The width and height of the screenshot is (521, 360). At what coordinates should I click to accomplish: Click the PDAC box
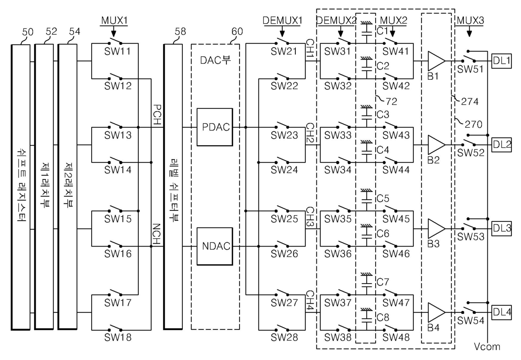tap(215, 127)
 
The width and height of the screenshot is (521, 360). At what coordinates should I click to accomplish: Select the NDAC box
tap(215, 246)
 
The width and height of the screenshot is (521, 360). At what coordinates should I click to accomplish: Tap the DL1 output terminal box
tap(502, 61)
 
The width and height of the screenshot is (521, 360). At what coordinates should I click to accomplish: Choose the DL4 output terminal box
tap(502, 313)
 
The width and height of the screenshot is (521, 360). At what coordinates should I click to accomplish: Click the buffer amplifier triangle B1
tap(436, 61)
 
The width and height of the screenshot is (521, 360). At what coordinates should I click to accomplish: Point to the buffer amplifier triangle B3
tap(436, 229)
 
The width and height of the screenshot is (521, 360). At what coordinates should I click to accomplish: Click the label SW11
tap(118, 51)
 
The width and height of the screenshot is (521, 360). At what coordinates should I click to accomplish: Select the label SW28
tap(284, 337)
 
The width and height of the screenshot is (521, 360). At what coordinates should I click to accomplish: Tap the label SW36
tap(338, 253)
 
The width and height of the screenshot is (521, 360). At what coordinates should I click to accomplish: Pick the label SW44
tap(396, 170)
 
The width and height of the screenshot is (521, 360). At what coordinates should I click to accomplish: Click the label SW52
tap(471, 152)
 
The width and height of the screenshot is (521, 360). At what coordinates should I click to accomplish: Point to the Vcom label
tap(487, 347)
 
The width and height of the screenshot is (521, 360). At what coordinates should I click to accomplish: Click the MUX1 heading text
tap(114, 21)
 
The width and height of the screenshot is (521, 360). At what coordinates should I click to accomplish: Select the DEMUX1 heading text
tap(282, 21)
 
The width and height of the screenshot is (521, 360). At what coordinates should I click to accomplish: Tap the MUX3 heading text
tap(470, 21)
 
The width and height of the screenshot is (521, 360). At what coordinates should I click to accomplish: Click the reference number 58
tap(180, 32)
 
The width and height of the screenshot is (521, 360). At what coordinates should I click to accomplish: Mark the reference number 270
tap(474, 124)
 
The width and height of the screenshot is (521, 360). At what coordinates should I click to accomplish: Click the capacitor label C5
tap(383, 198)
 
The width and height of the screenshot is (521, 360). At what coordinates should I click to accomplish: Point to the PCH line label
tap(158, 115)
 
